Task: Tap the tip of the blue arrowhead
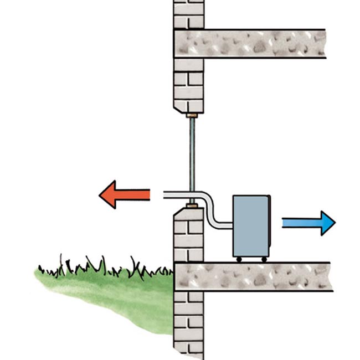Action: [335, 223]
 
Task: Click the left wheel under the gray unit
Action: [238, 259]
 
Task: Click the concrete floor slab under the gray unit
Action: [255, 276]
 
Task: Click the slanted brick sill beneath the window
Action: [183, 212]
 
